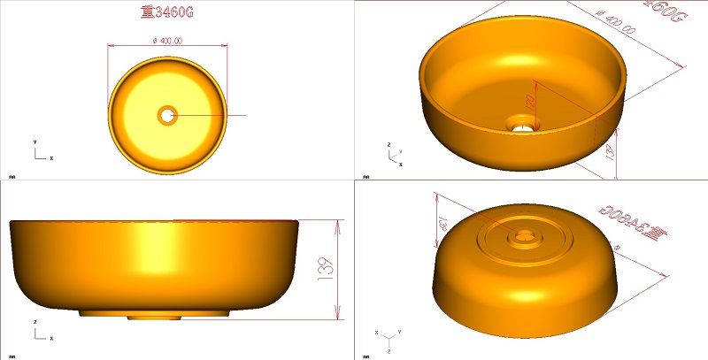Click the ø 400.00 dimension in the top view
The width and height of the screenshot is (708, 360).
pos(167,41)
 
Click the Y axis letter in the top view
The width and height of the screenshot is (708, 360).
pos(35,142)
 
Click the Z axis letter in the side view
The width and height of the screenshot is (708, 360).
pos(35,322)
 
